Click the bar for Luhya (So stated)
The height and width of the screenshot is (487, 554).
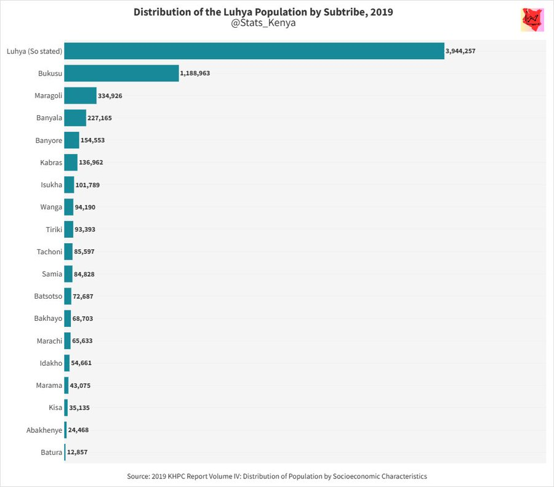tap(254, 51)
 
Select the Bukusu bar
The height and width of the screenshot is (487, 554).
tap(121, 73)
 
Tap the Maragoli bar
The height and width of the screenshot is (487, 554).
tap(80, 95)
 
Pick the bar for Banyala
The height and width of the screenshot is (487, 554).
tap(75, 118)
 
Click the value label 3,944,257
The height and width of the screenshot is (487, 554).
tap(460, 51)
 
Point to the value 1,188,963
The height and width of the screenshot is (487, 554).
tap(195, 73)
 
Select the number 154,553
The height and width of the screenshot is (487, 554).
tap(92, 140)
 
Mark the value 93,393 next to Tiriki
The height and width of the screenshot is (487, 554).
tap(85, 230)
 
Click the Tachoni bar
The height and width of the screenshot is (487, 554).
tap(68, 252)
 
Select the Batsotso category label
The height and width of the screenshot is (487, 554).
tap(48, 296)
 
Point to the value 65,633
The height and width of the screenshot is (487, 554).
tap(82, 340)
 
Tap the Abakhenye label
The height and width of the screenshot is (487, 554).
tap(44, 430)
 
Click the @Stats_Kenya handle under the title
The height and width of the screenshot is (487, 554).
tap(263, 23)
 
